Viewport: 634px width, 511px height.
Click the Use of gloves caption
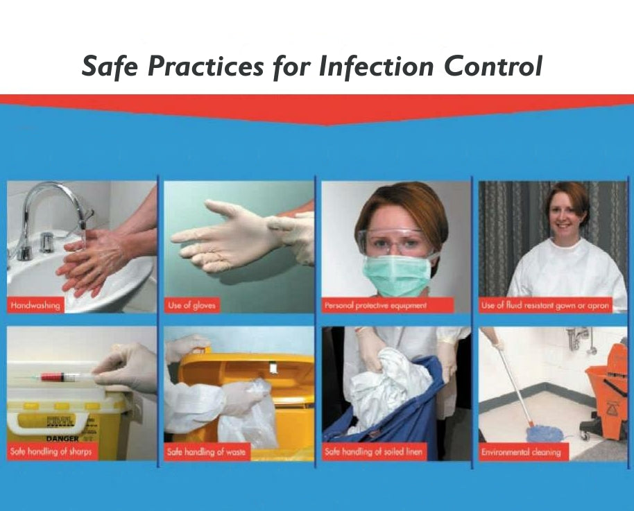191,305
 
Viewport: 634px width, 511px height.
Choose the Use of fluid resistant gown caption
545,305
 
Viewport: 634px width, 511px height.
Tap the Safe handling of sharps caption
51,452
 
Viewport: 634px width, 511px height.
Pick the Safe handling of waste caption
206,452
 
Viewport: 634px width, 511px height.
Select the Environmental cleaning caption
521,452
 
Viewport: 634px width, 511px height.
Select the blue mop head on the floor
544,435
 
